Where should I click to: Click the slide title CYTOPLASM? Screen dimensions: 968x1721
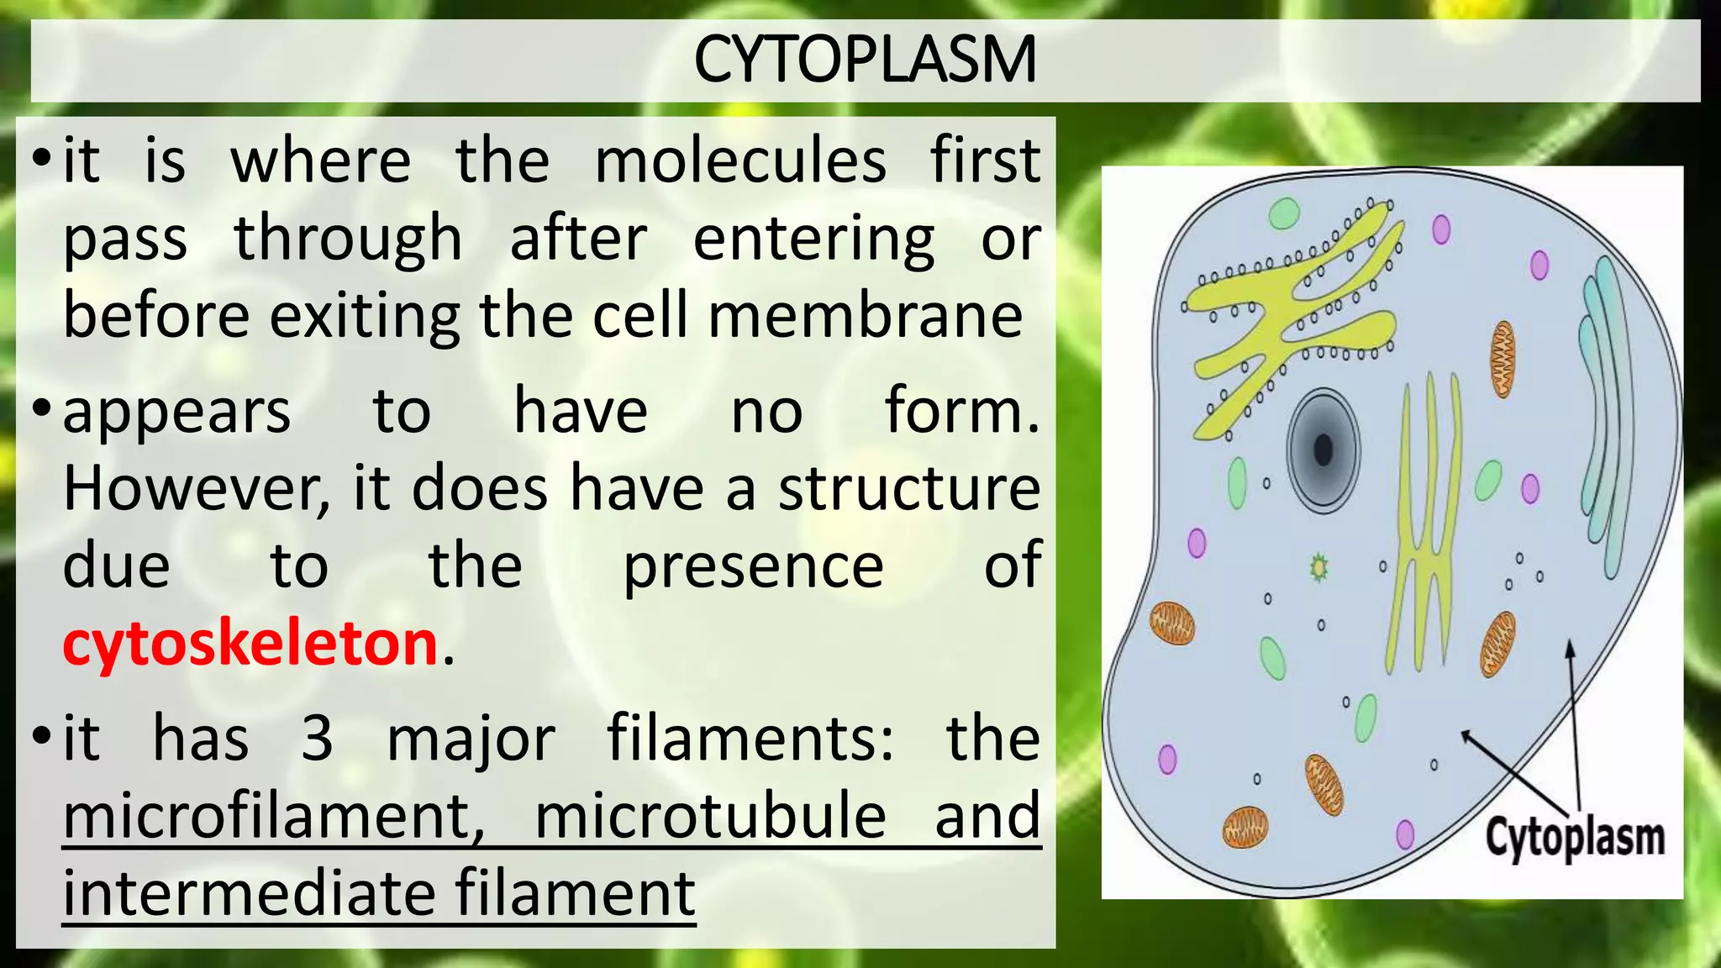click(x=865, y=60)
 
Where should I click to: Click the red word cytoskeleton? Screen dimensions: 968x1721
click(x=250, y=644)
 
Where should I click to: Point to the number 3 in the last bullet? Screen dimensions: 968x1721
click(x=317, y=739)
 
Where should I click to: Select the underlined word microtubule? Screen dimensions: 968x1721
click(x=710, y=817)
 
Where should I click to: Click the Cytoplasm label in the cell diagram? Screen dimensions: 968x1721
click(x=1574, y=838)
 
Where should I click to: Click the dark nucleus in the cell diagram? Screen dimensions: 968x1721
click(x=1324, y=450)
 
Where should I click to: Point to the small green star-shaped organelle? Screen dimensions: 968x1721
click(x=1318, y=569)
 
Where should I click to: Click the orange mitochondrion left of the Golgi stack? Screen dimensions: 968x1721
click(x=1503, y=359)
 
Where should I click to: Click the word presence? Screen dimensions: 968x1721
click(x=753, y=566)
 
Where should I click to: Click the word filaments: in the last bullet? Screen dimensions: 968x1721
click(x=750, y=739)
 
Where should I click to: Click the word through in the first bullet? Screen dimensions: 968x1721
click(x=348, y=239)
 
